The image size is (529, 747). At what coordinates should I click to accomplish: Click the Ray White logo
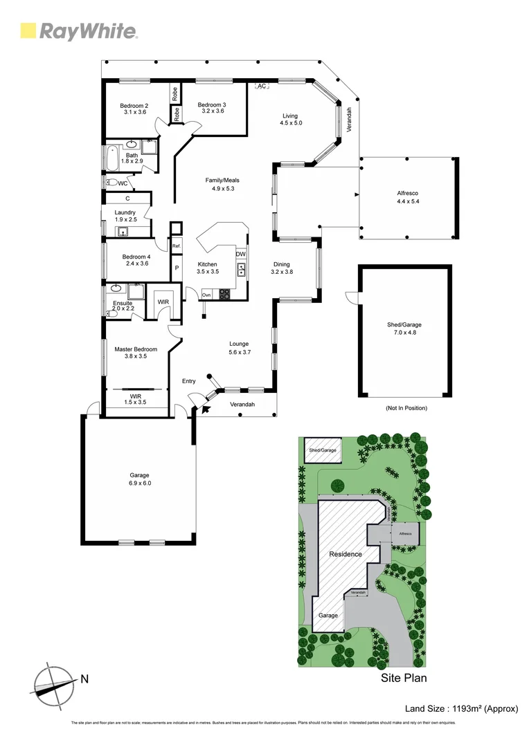point(79,30)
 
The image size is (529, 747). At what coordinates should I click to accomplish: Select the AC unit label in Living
point(262,86)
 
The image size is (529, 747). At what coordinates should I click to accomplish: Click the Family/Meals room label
point(222,180)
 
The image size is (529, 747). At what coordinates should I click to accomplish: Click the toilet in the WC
point(112,183)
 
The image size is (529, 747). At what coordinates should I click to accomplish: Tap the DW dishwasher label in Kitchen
point(240,255)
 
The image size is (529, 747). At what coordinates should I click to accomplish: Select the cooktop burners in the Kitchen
point(225,293)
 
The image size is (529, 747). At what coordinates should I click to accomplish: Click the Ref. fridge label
point(177,246)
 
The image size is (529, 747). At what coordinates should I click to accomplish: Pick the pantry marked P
point(177,268)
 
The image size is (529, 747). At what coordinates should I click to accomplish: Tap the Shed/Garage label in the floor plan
point(404,324)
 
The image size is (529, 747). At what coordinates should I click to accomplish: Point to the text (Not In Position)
point(406,408)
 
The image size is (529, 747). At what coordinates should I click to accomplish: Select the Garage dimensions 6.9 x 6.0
point(139,483)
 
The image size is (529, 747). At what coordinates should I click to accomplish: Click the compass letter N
point(84,679)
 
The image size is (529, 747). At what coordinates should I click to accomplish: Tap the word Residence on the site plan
point(345,554)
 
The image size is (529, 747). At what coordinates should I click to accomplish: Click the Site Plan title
point(404,678)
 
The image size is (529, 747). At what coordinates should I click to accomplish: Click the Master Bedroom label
point(136,349)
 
